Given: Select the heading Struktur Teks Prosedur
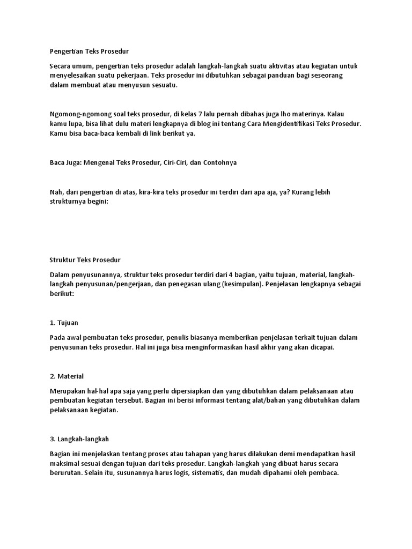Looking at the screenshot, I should (85, 260).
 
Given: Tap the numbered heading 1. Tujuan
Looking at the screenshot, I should (64, 323).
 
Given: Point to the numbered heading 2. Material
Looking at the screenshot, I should (67, 376).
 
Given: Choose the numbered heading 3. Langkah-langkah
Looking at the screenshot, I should (79, 439).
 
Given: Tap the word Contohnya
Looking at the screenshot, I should (218, 162).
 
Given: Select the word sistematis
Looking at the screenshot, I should (202, 473).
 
